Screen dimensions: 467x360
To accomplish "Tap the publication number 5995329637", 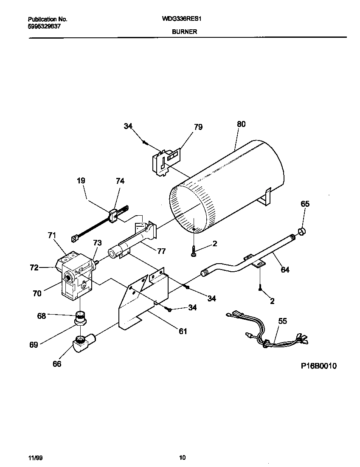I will [44, 26].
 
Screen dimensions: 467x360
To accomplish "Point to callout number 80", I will [241, 124].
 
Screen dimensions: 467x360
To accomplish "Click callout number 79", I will [198, 127].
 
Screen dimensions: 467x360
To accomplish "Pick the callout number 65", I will [305, 204].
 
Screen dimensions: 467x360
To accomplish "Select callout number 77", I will [161, 251].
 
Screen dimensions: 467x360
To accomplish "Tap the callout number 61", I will [183, 331].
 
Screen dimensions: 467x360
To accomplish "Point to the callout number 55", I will [282, 321].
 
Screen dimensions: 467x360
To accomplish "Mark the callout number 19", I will [81, 180].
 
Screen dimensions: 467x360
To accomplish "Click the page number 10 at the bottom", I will [182, 457].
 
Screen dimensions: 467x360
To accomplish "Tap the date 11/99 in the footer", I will [35, 457].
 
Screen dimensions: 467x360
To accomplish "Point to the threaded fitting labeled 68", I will [80, 316].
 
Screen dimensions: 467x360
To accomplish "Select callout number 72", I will [34, 267].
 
